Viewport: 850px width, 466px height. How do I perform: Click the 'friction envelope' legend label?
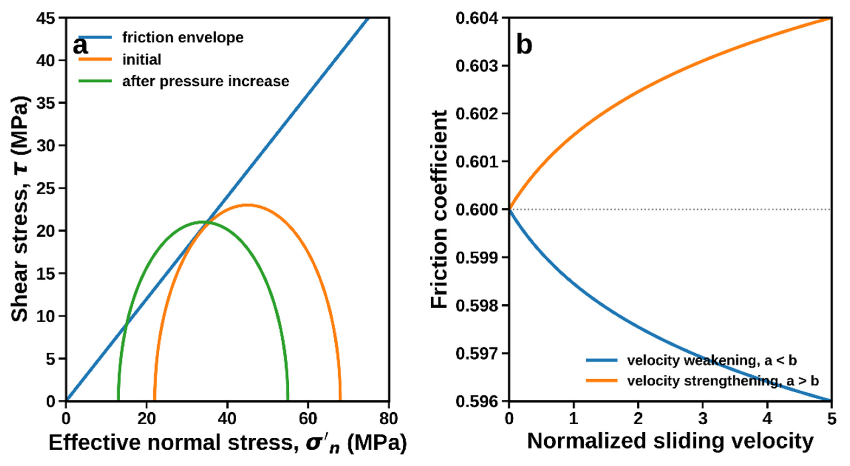point(183,38)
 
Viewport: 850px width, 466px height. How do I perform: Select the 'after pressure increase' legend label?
point(206,81)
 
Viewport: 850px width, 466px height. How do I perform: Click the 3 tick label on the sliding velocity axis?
point(703,419)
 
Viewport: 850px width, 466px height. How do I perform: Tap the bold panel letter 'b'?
point(524,45)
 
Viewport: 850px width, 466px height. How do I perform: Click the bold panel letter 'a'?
point(80,46)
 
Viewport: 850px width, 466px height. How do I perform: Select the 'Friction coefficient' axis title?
point(439,209)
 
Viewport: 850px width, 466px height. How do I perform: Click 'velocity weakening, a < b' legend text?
point(712,360)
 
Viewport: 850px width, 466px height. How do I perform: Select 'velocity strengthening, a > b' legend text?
point(723,381)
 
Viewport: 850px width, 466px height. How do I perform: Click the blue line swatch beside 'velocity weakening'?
point(602,360)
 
